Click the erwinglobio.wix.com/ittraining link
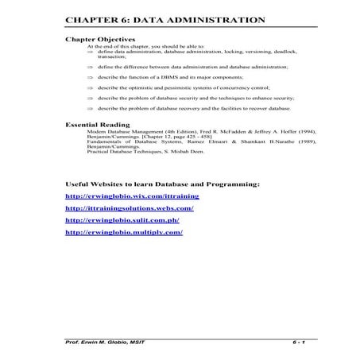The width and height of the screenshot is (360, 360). coord(132,195)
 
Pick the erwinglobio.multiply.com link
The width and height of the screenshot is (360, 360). coord(124,232)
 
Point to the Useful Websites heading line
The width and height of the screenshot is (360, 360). coord(162,184)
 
